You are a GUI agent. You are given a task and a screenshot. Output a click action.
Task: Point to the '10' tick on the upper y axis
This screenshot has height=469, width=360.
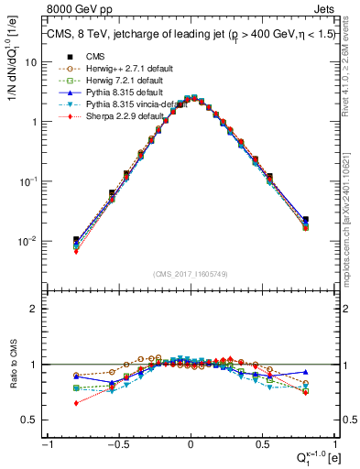31,62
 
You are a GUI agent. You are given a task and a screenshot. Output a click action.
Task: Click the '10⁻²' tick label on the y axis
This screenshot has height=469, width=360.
27,242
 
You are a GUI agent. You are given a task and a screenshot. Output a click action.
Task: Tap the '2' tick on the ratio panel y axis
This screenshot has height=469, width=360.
35,309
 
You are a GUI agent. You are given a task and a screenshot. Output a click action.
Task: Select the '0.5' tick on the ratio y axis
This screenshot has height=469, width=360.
30,420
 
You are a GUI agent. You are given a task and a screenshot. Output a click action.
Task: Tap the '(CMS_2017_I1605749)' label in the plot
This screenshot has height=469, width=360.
190,275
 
